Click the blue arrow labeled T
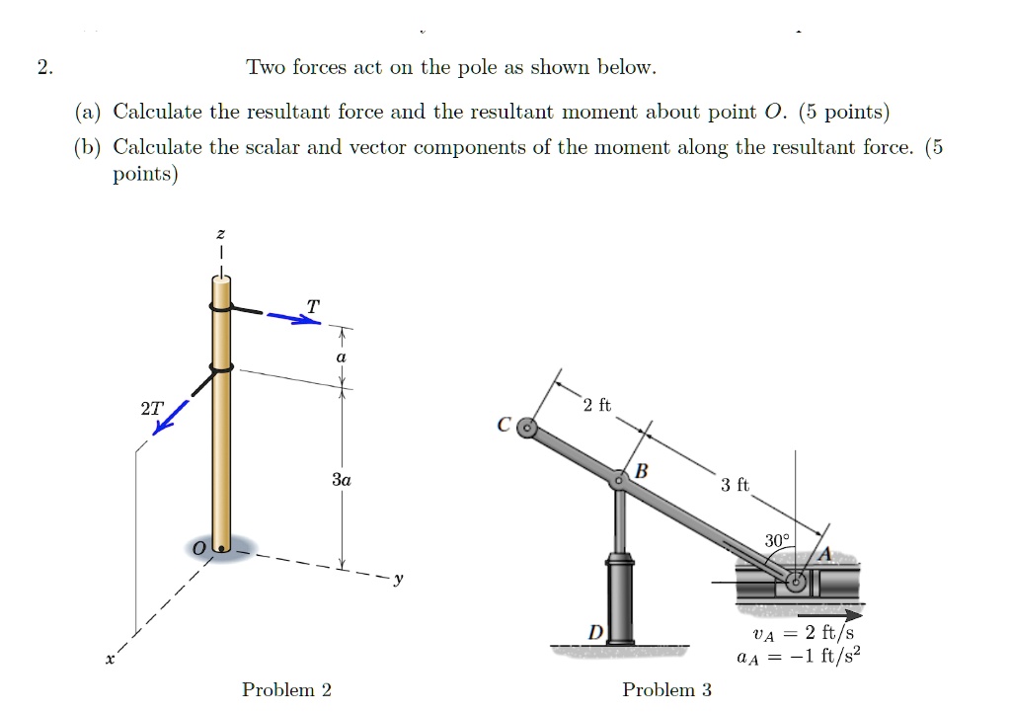click(x=290, y=318)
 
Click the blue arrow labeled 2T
click(x=171, y=416)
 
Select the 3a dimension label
click(x=342, y=480)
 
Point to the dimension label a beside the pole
click(x=341, y=357)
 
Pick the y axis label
click(x=398, y=581)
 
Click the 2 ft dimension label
click(x=597, y=405)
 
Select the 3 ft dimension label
click(x=735, y=485)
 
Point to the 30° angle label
click(x=777, y=540)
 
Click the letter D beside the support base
click(x=595, y=630)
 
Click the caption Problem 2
click(x=286, y=689)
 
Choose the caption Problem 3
click(x=666, y=689)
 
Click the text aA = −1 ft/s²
click(x=799, y=656)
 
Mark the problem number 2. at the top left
click(x=43, y=68)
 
